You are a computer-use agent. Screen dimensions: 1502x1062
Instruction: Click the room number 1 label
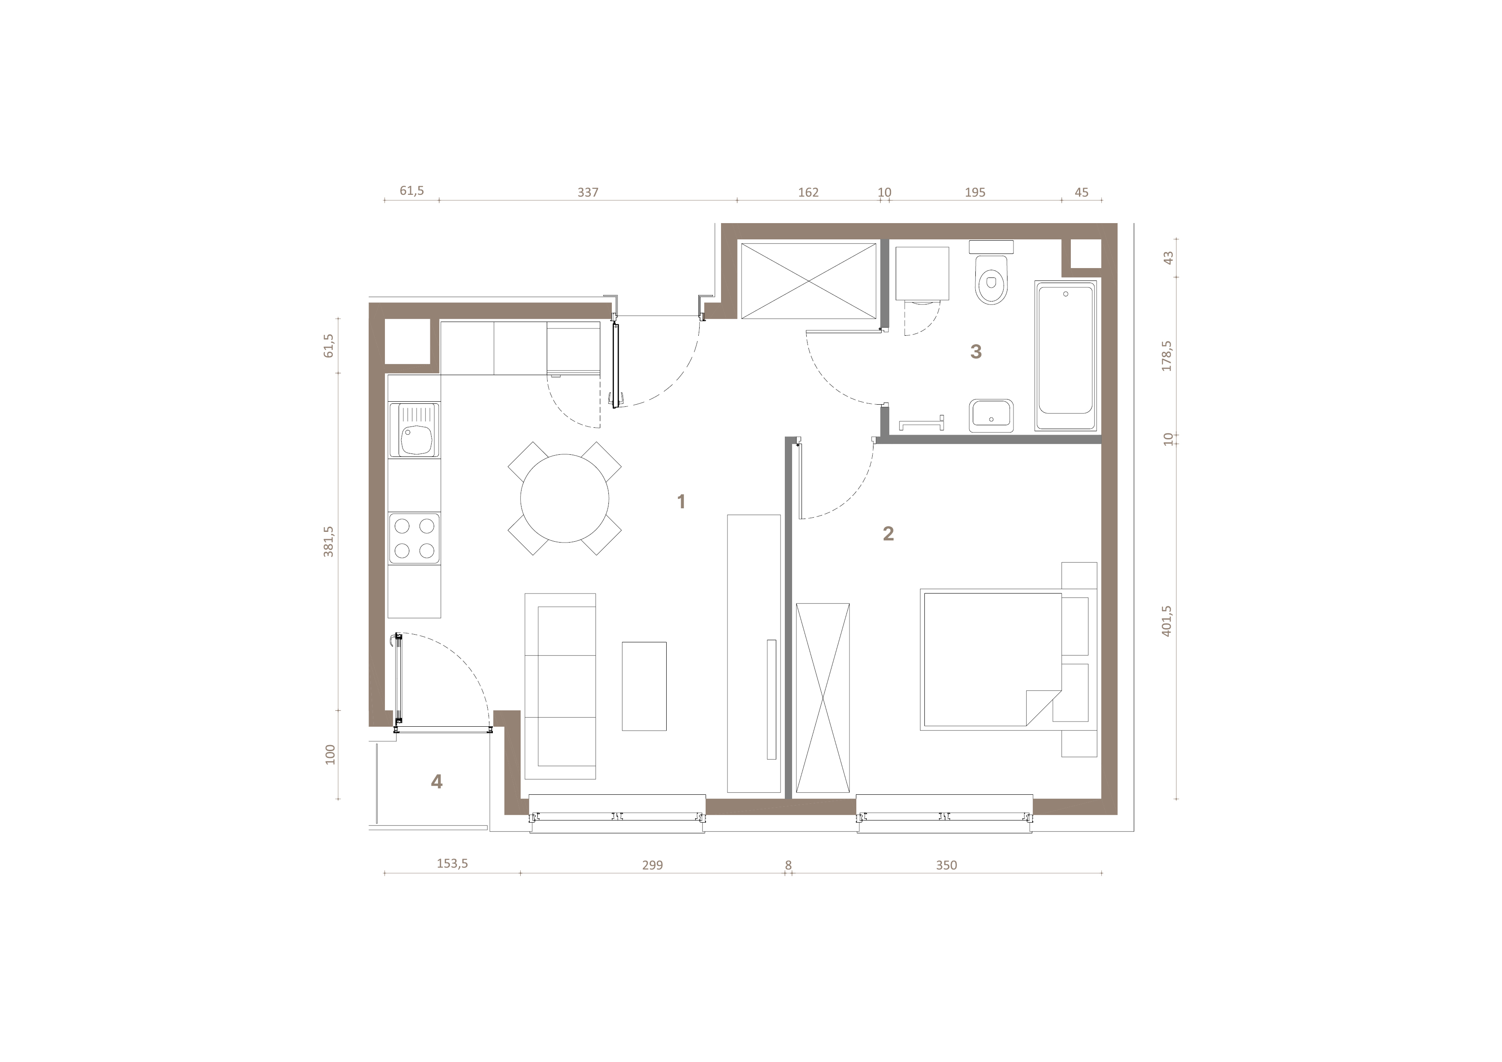coord(681,502)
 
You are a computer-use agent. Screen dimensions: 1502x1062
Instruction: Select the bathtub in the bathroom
coord(1066,355)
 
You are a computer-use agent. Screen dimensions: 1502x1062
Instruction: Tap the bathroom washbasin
coord(991,415)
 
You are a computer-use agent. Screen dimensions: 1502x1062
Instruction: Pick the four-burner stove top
coord(414,539)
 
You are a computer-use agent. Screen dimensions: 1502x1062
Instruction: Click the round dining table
coord(565,498)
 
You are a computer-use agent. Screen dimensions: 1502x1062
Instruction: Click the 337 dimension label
coord(587,192)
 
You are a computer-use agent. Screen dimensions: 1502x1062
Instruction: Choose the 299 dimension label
coord(652,865)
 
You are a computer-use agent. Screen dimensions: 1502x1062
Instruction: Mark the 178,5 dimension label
coord(1167,356)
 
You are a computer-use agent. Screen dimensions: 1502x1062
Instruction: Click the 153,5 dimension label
coord(452,864)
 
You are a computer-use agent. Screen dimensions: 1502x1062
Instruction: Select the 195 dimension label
coord(975,192)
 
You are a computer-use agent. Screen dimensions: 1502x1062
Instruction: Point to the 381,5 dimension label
coord(328,542)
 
